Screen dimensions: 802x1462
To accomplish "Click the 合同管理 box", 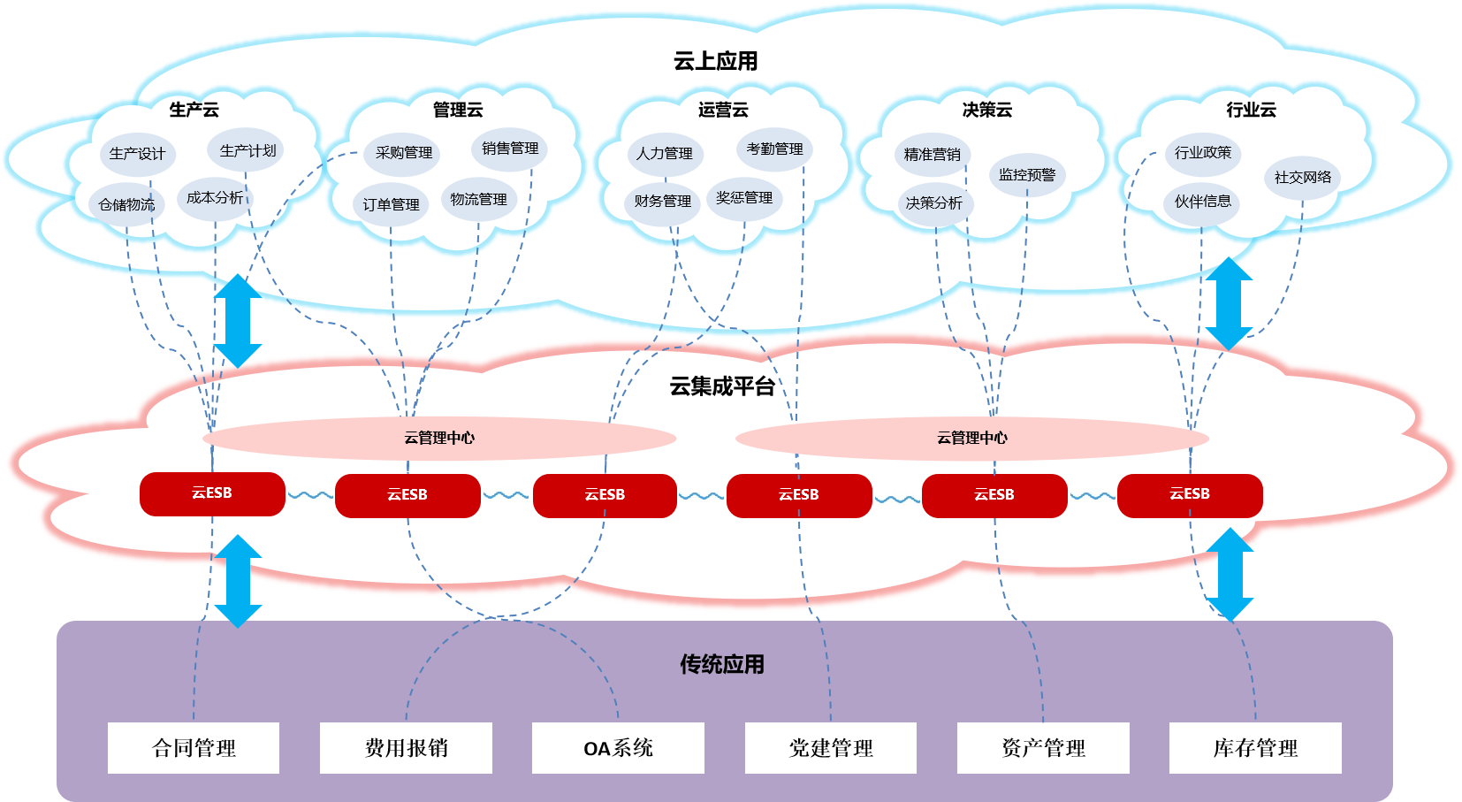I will coord(194,748).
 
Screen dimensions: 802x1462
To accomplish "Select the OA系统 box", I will coord(618,748).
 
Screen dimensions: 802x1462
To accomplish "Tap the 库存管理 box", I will coord(1255,748).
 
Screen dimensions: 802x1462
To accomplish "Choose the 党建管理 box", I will coord(831,748).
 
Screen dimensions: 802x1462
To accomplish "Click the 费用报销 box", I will coord(406,748).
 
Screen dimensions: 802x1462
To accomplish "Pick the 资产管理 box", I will coord(1043,748).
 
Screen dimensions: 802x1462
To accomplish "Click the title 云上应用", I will coord(715,61).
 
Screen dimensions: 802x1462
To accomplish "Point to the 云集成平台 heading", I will coord(721,386).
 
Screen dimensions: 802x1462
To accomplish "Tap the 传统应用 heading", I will coord(721,664).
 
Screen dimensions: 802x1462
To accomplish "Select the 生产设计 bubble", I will coord(137,154).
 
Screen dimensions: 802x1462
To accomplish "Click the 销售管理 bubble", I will coord(510,149).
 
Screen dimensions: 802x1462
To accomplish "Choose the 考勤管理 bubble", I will coord(774,149).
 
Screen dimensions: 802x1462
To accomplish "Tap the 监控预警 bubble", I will coord(1026,175).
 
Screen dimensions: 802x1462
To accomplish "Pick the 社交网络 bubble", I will coord(1302,178).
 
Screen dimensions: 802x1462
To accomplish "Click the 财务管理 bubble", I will coord(663,202).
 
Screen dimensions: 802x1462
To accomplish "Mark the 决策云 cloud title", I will coord(986,110).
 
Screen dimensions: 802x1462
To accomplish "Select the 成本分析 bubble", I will coord(214,198).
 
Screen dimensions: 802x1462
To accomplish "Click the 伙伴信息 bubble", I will coord(1202,202).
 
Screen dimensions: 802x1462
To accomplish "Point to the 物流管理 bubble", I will coord(478,200).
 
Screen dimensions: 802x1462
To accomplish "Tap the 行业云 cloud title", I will coord(1251,110).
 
